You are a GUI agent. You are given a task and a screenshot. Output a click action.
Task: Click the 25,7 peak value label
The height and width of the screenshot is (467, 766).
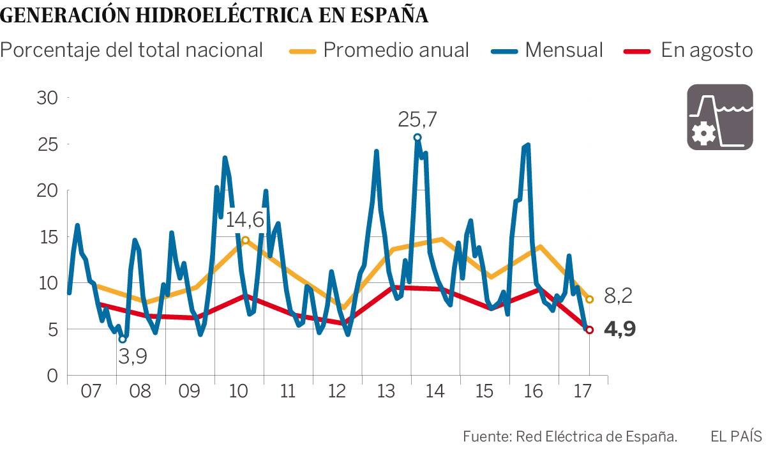[418, 119]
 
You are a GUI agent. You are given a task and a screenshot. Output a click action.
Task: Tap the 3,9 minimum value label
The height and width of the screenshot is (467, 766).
[133, 356]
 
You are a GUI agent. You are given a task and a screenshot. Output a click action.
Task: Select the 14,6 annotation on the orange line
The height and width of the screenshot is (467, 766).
[245, 220]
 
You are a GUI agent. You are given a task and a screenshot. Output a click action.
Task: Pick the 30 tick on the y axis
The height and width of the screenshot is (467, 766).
[49, 98]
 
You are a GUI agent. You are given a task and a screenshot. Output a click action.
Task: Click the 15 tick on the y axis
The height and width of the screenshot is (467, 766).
[49, 237]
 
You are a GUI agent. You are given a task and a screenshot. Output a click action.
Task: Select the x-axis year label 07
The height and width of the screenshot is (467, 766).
[91, 392]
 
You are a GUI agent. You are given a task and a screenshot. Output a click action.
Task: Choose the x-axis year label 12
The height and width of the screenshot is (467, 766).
[336, 392]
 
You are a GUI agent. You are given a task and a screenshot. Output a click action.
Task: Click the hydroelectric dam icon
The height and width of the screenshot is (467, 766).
[719, 118]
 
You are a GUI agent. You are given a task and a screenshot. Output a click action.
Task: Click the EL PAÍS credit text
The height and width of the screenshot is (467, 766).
[736, 437]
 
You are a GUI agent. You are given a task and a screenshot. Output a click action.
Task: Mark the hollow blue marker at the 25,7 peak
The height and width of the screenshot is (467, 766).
[417, 137]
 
